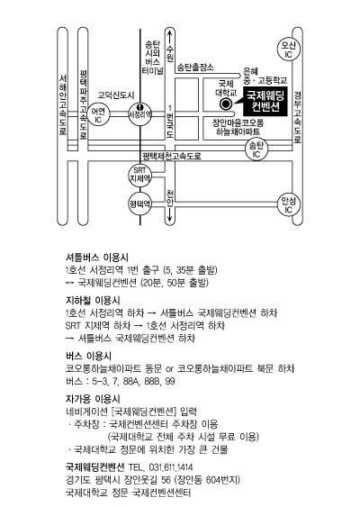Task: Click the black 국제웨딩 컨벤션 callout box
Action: tap(265, 101)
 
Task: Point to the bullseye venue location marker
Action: tap(226, 104)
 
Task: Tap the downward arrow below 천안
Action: tap(170, 215)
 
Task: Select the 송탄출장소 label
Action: tap(195, 68)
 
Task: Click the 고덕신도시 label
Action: tap(116, 95)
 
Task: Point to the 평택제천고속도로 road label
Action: tap(172, 156)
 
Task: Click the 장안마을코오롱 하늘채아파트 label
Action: tap(238, 127)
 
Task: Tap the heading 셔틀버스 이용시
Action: tap(97, 258)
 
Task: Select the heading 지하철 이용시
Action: tap(93, 301)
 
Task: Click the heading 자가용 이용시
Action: tap(93, 399)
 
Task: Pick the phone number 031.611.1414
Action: tap(171, 467)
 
